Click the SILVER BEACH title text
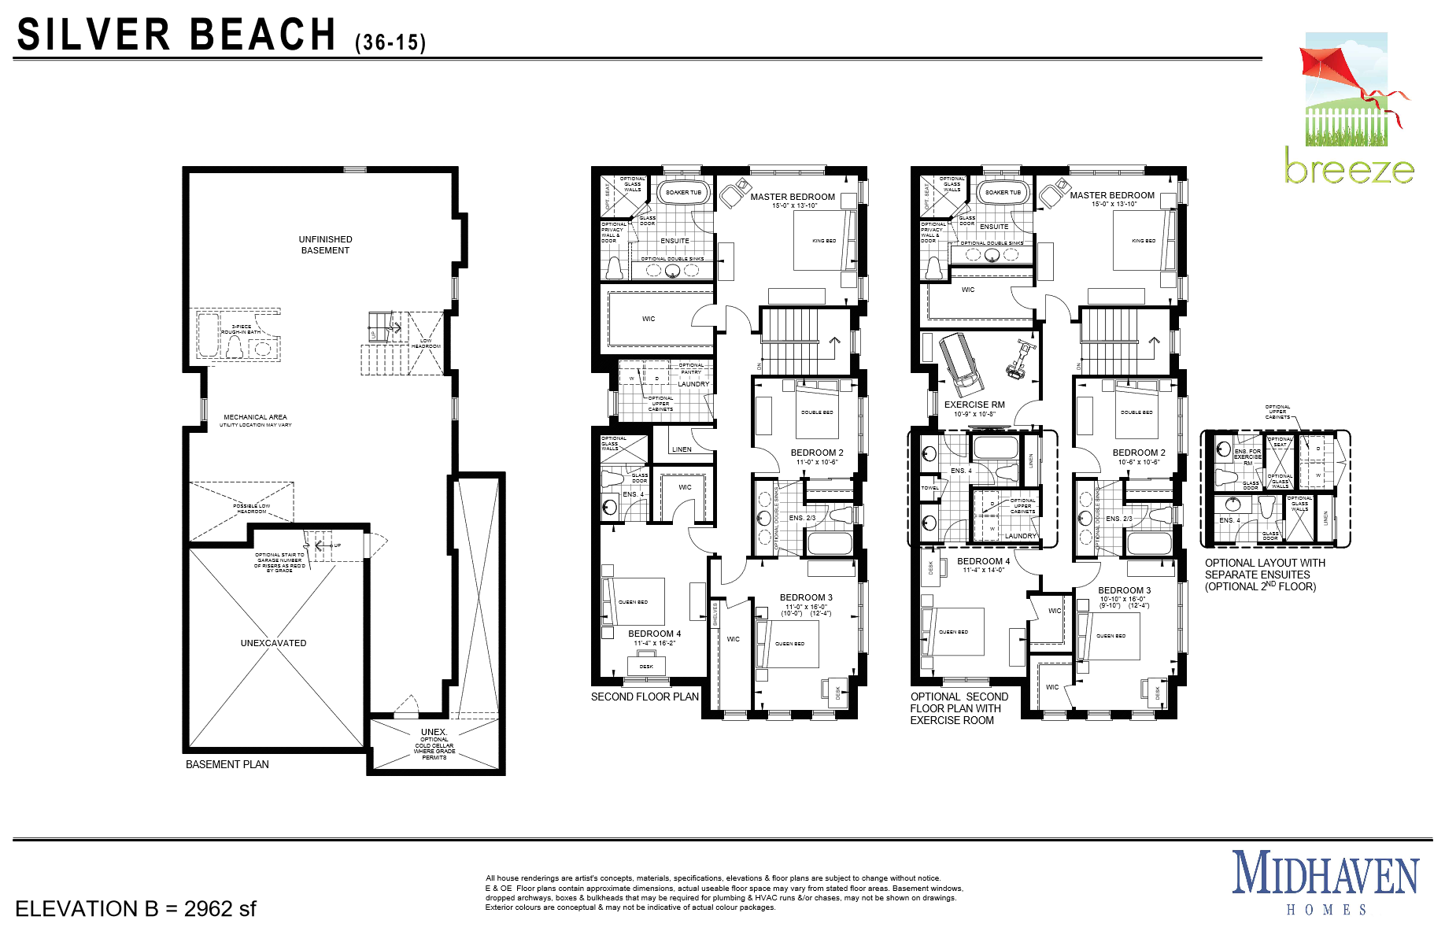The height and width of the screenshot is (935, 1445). pos(177,35)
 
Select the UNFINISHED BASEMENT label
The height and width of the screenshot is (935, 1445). pos(325,245)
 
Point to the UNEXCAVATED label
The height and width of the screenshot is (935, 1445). pos(273,643)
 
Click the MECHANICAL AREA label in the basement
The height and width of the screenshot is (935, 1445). pos(255,417)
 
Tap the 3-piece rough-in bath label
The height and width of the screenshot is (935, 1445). pos(241,329)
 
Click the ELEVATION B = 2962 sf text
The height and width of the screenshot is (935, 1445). pos(135,909)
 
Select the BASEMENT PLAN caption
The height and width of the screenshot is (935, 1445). pos(227,764)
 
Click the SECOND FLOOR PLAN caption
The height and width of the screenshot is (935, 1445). pos(645,697)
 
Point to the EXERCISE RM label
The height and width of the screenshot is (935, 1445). pos(974,405)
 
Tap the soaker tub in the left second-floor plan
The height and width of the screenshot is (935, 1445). pos(683,192)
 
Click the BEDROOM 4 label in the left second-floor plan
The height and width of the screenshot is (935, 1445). pos(654,634)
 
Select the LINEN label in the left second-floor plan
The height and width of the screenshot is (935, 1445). pos(682,449)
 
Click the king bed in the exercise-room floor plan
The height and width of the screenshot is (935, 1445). pos(1143,241)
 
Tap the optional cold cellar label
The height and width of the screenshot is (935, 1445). pos(434,745)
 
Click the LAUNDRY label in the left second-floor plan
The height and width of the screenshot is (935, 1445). pos(693,384)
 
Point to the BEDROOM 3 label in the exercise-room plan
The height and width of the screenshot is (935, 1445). pos(1124,590)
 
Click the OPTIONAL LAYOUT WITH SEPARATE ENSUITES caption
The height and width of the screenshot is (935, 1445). pos(1264,575)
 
